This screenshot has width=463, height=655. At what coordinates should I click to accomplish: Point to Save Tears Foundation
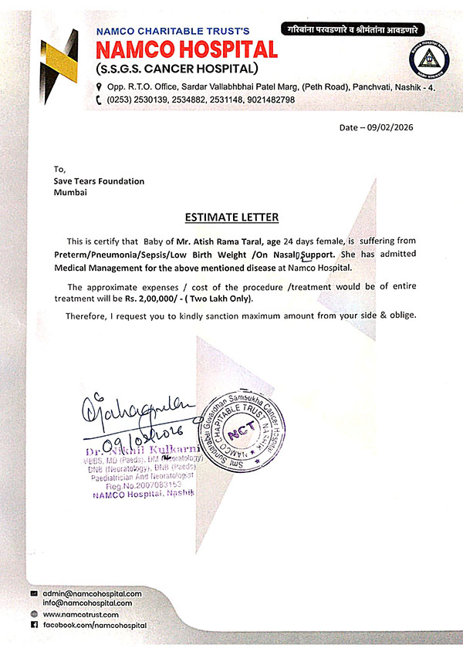point(99,181)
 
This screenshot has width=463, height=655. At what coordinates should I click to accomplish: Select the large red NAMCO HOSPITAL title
point(185,51)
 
